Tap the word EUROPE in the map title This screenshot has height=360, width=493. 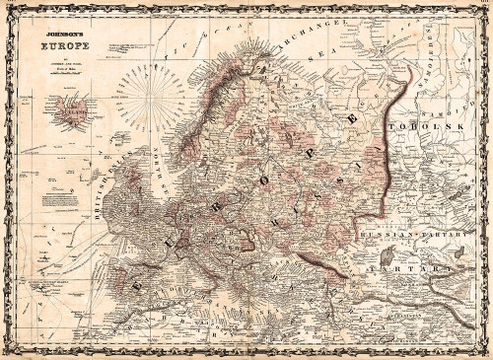pyautogui.click(x=60, y=44)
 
